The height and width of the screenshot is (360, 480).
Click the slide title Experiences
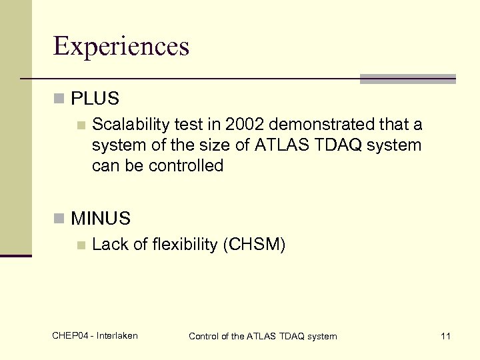(121, 46)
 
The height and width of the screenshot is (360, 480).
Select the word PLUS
(95, 99)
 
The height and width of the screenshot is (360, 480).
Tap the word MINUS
(101, 218)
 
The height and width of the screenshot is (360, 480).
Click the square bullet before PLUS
(59, 99)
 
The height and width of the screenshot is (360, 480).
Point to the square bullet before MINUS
(59, 218)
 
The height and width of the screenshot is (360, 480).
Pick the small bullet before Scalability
(81, 125)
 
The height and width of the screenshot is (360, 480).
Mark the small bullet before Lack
(81, 245)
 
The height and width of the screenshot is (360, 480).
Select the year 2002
(243, 125)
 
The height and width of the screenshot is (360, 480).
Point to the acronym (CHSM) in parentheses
(255, 245)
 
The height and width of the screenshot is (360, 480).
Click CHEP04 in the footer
(69, 335)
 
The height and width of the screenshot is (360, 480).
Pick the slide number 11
(445, 336)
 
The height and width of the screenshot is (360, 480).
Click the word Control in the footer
(204, 336)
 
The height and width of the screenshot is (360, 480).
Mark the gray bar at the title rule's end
(407, 79)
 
